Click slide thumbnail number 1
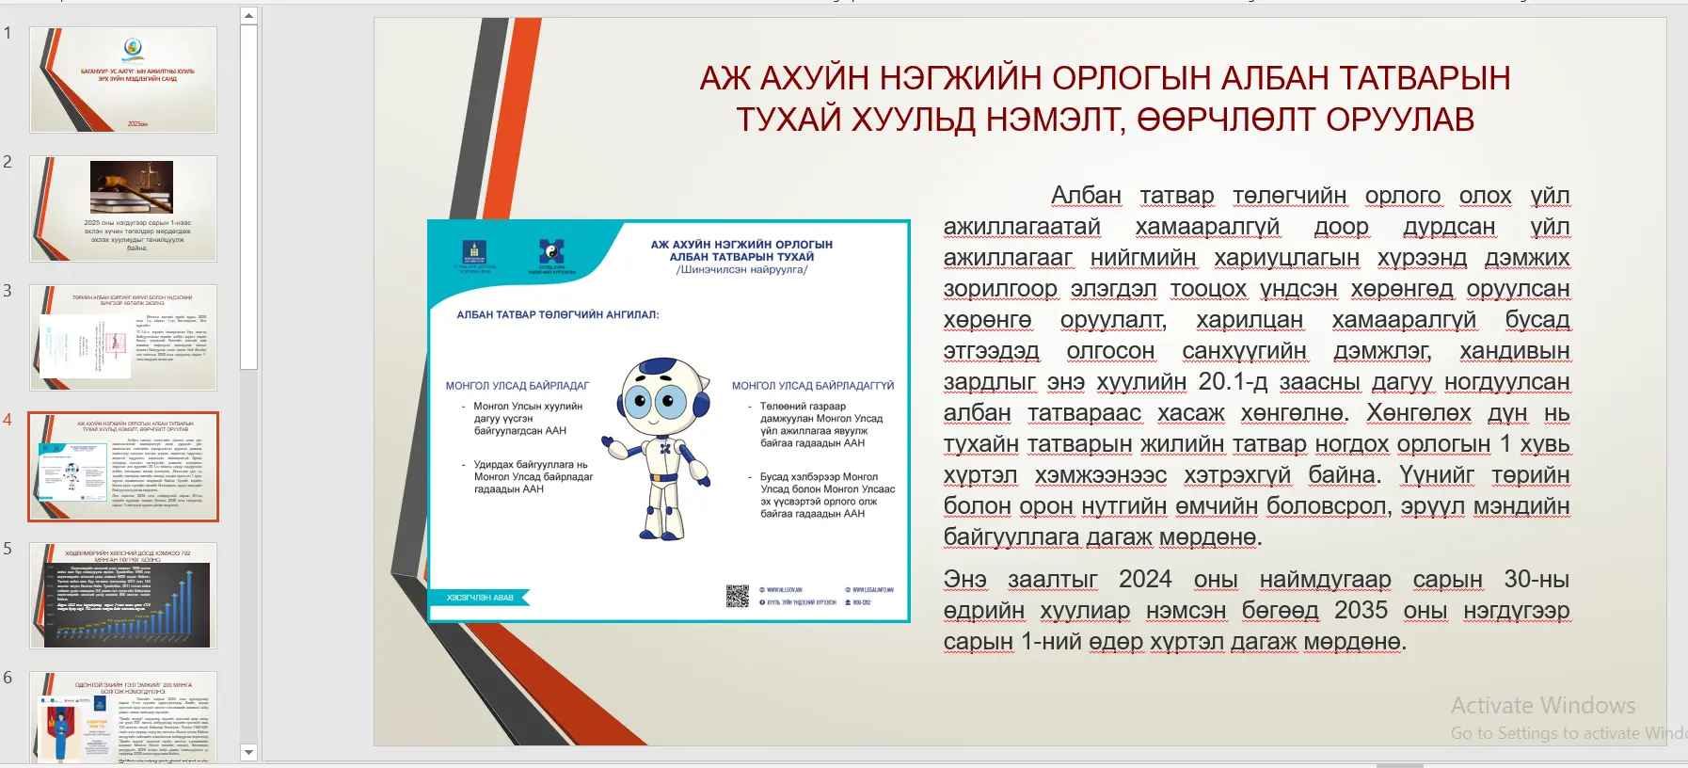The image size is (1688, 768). (123, 80)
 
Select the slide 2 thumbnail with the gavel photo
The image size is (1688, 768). (123, 209)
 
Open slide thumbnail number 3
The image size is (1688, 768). (123, 337)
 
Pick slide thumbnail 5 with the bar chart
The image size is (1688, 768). (123, 595)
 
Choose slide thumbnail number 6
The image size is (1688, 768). (123, 717)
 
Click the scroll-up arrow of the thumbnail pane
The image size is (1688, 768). (248, 16)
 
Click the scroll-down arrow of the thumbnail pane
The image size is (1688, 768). (248, 752)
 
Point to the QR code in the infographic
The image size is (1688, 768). (737, 596)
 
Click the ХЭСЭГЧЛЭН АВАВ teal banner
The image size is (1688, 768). (480, 598)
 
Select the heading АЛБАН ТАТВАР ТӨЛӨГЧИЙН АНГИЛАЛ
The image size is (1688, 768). (557, 314)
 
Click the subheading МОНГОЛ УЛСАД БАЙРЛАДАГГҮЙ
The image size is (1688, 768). (812, 385)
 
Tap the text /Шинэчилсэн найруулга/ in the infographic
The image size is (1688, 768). (741, 269)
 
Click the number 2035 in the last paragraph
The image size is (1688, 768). (1361, 611)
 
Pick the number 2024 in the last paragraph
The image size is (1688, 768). (1144, 580)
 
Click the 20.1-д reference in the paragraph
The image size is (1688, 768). (1232, 382)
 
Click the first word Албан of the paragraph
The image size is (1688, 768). (1086, 196)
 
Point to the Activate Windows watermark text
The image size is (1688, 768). (1542, 706)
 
